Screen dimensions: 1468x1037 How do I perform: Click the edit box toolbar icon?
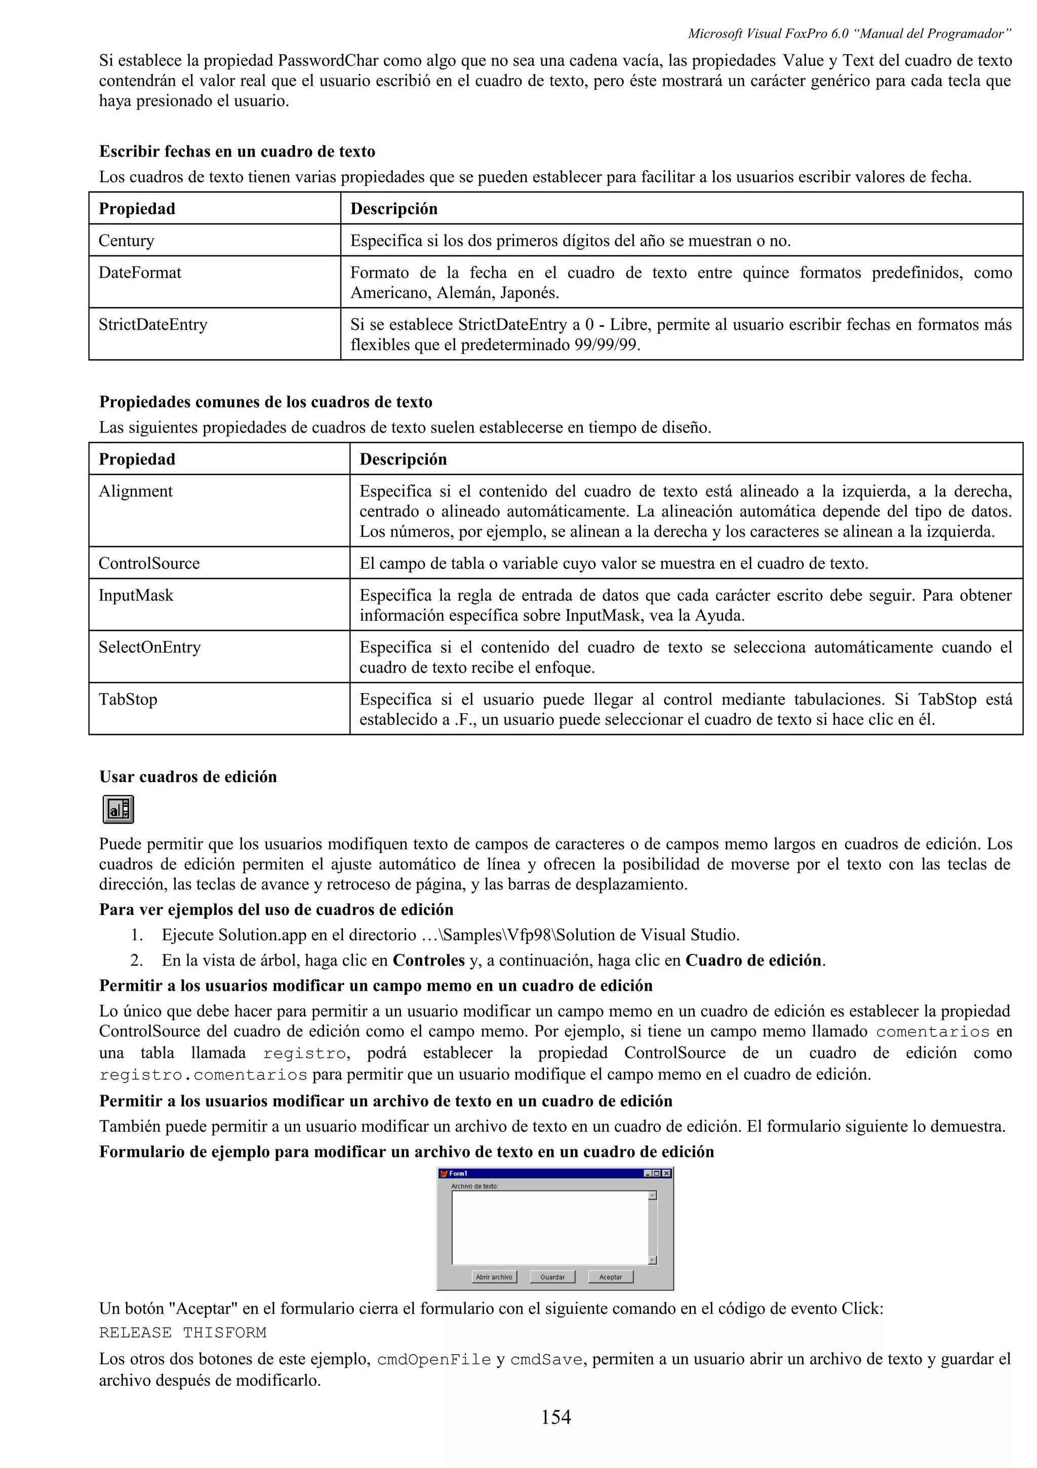pos(118,809)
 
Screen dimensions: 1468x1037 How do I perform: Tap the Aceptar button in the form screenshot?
pos(610,1277)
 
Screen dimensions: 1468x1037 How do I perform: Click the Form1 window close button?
pos(666,1173)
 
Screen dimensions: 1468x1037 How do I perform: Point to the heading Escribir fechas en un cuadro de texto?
pos(237,151)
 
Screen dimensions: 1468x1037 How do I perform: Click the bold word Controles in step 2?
pos(428,960)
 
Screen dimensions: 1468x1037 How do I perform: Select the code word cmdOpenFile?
pos(434,1359)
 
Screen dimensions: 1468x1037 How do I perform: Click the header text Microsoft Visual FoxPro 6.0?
pos(767,33)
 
